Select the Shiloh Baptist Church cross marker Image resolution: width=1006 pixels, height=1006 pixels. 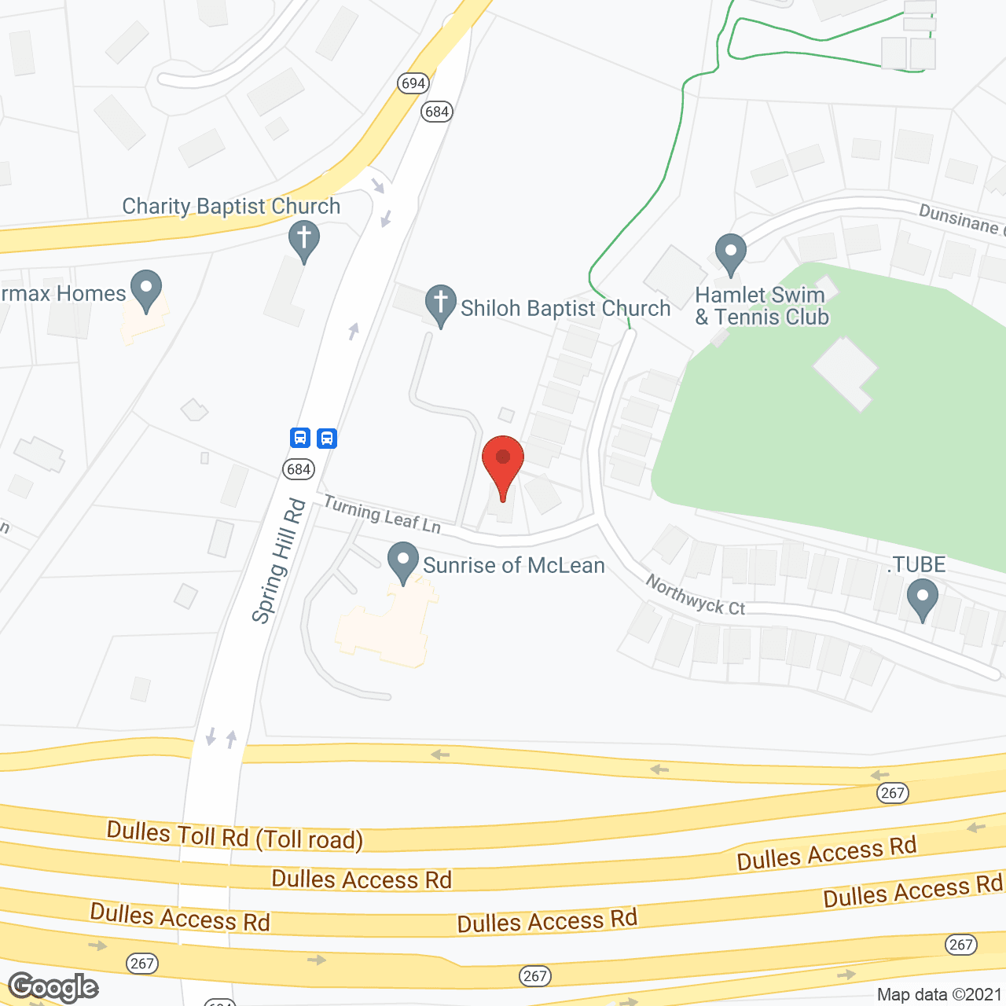click(441, 303)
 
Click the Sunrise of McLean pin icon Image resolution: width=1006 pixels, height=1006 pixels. click(403, 561)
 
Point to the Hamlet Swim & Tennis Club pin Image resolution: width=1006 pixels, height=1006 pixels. click(731, 252)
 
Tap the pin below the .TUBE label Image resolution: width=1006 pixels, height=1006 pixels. click(922, 598)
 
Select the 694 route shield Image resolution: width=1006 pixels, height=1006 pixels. click(413, 83)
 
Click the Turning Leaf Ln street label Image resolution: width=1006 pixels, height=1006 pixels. click(382, 515)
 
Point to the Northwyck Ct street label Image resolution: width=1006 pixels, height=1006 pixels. click(696, 595)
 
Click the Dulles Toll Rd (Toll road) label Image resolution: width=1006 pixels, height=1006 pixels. click(235, 835)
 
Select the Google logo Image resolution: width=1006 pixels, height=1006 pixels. click(53, 986)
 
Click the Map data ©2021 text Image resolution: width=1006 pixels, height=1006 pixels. click(938, 994)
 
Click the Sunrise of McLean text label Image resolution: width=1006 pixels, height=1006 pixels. click(514, 565)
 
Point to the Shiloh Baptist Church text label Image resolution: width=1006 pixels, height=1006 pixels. click(565, 308)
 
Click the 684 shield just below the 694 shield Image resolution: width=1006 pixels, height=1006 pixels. click(436, 112)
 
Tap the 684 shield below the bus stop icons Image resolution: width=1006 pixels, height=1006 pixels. click(299, 469)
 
